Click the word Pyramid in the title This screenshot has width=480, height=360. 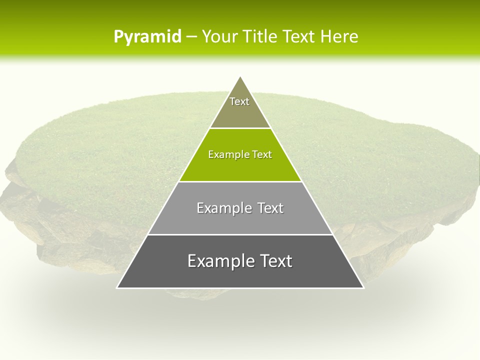coord(147,37)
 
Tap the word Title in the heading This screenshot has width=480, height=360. coord(262,37)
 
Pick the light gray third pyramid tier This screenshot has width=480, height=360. coord(240,220)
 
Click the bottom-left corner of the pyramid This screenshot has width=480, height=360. coord(117,287)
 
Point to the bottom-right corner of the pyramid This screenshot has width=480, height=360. coord(363,287)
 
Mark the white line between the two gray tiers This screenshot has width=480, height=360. coord(240,234)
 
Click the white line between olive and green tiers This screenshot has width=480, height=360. coord(240,128)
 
